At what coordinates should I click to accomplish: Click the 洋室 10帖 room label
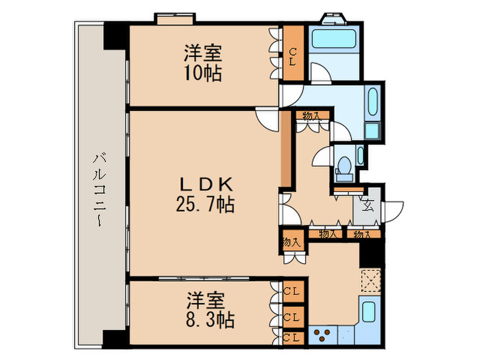(202, 62)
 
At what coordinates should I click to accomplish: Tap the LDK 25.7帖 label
(207, 194)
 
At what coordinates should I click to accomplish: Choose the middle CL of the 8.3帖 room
(291, 317)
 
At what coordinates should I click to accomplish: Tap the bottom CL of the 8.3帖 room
(291, 337)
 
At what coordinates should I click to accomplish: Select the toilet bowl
(345, 165)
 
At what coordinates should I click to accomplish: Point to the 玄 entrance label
(368, 204)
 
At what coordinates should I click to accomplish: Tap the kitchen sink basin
(369, 313)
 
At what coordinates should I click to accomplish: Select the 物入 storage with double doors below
(291, 241)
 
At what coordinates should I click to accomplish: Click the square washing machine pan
(373, 131)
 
